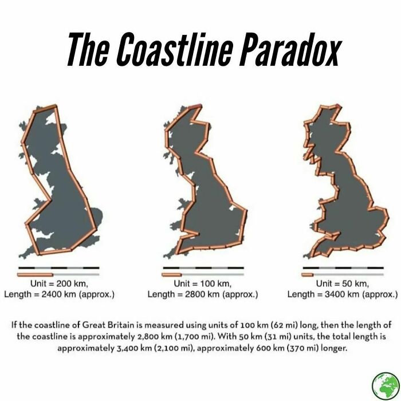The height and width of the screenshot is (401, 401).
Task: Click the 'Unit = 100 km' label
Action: pos(202,284)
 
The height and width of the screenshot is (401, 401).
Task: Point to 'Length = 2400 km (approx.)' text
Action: pos(59,294)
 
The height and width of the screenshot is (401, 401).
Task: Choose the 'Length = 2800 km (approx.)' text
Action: pos(203,294)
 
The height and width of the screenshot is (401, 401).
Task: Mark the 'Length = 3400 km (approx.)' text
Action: pos(342,294)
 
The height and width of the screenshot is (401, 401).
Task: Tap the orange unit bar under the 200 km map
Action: pos(36,274)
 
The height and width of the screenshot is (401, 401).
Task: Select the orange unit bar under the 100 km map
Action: pos(172,274)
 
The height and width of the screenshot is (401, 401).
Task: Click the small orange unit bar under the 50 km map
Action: pos(308,274)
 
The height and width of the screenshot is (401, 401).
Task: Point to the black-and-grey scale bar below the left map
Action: pos(59,268)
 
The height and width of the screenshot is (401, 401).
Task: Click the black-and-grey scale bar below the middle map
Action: pos(203,268)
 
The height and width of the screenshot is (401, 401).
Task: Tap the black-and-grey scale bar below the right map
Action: pos(343,268)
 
